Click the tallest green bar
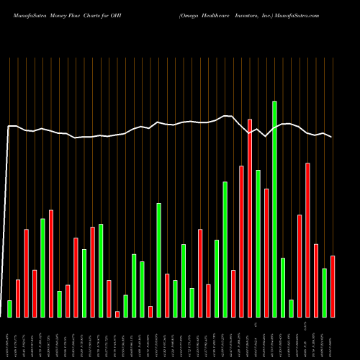point(274,209)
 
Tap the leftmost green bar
point(10,308)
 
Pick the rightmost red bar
point(333,286)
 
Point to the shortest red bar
point(117,314)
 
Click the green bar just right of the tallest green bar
point(283,287)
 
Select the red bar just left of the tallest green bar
point(266,252)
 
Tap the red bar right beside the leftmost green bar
point(18,297)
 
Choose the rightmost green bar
point(324,292)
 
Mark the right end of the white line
point(332,137)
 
